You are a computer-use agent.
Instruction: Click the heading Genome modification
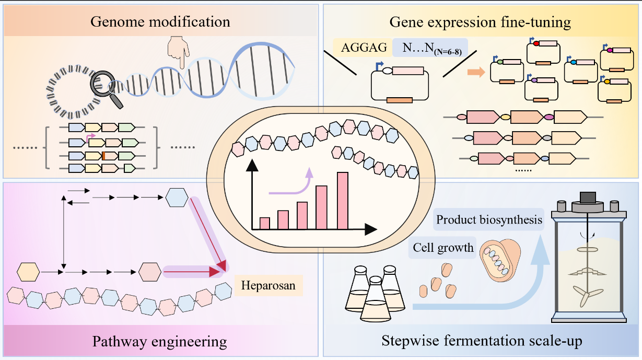click(x=160, y=22)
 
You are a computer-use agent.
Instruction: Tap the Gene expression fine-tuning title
click(x=480, y=22)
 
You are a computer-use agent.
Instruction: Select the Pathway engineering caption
click(x=160, y=341)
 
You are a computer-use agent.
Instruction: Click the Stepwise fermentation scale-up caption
click(x=482, y=341)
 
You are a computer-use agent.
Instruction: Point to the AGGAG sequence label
click(x=364, y=48)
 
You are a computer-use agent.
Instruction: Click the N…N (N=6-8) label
click(x=432, y=48)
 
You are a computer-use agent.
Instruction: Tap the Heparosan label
click(x=269, y=285)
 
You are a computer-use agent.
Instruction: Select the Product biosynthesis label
click(x=489, y=220)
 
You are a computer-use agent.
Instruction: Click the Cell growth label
click(x=443, y=248)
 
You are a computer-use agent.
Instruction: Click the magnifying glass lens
click(x=102, y=84)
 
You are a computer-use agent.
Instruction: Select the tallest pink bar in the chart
click(x=343, y=201)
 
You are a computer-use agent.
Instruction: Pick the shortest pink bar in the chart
click(x=264, y=224)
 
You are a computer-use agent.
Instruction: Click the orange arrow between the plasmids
click(x=476, y=72)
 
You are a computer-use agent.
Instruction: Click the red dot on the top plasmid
click(x=536, y=43)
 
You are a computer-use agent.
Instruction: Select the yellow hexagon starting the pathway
click(x=28, y=272)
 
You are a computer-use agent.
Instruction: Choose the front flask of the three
click(x=375, y=299)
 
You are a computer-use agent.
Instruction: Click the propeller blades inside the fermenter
click(x=587, y=296)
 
